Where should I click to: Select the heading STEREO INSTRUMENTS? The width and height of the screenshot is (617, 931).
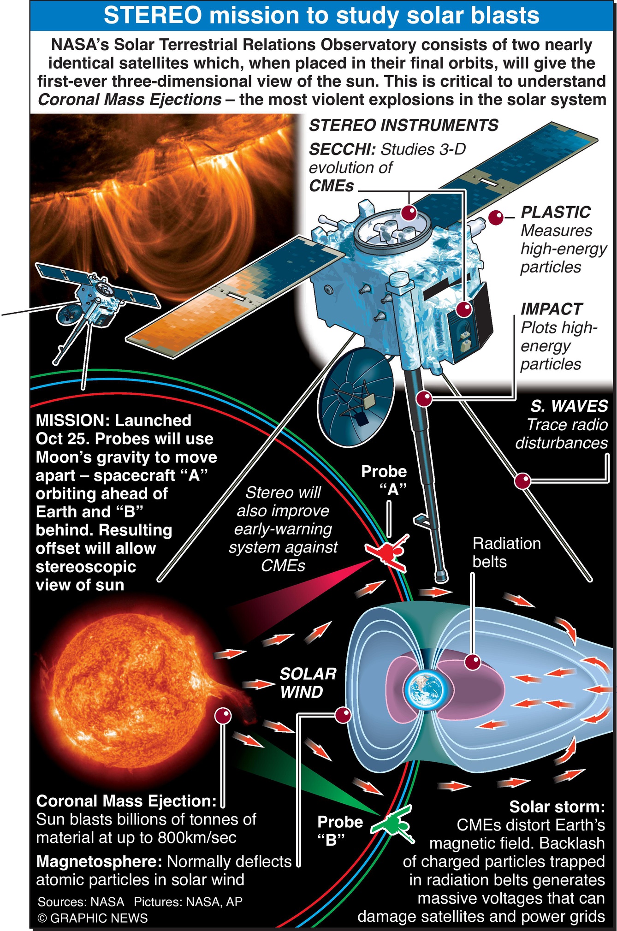point(403,125)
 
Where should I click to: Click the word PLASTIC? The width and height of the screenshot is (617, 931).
point(556,212)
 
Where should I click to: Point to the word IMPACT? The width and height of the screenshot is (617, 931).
point(552,309)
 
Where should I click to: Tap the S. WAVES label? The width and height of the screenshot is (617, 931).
point(569,406)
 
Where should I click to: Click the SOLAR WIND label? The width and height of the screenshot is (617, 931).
point(308,683)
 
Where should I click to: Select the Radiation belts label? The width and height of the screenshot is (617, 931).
point(506,552)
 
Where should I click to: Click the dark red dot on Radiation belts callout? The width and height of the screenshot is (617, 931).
point(473,662)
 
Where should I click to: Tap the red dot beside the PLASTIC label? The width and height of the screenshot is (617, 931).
point(496,217)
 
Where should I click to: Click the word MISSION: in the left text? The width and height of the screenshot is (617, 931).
point(72,421)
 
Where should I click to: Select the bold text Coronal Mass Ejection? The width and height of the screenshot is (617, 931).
point(126,801)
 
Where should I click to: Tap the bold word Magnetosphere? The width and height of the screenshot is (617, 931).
point(100,861)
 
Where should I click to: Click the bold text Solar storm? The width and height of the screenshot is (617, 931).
point(557,806)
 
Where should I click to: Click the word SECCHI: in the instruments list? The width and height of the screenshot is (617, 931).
point(342,149)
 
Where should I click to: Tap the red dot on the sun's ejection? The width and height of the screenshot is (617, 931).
point(223,716)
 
